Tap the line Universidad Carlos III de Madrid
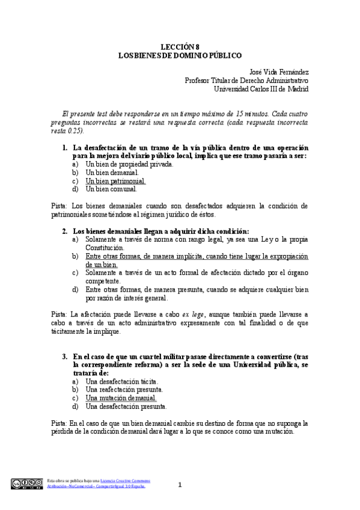click(261, 88)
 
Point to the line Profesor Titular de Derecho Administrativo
click(246, 80)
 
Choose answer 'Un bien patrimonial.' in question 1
click(115, 180)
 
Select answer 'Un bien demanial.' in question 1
click(112, 172)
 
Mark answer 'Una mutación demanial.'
click(121, 398)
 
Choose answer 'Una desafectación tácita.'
click(122, 381)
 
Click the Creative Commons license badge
click(26, 483)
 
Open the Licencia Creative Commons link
click(125, 481)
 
